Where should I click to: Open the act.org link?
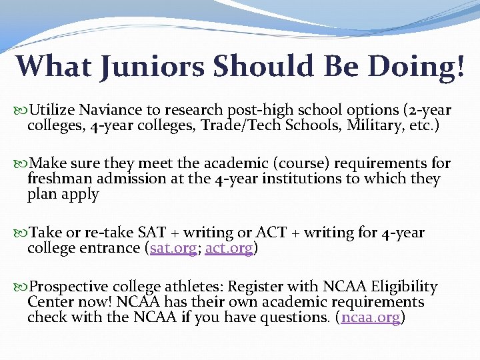coord(229,248)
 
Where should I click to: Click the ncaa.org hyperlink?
coord(370,317)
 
